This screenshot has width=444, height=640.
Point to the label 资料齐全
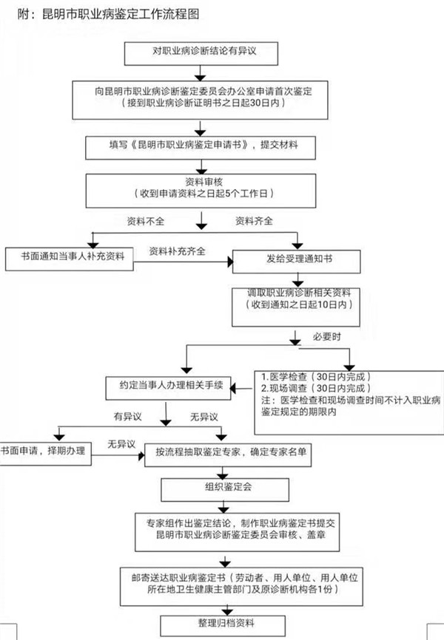254,221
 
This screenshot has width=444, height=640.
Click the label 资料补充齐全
177,249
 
